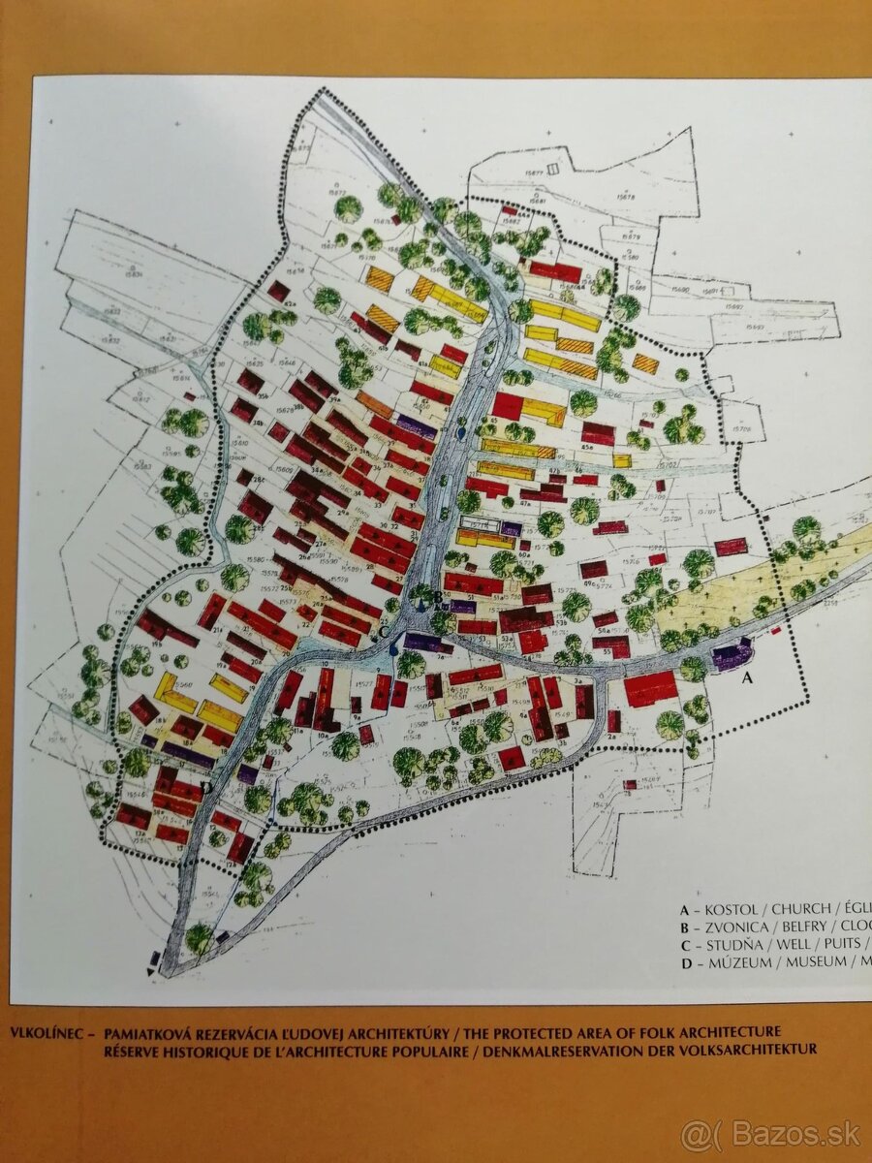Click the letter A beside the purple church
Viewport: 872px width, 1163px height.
pos(746,679)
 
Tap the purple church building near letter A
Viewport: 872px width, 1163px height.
pos(732,656)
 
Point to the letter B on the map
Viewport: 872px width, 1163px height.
pos(437,598)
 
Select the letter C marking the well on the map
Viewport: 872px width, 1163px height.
pos(385,632)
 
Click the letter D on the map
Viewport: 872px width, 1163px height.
pos(204,787)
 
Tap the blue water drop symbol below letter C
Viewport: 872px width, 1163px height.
pos(392,649)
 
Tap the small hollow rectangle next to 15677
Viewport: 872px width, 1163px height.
pos(551,170)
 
